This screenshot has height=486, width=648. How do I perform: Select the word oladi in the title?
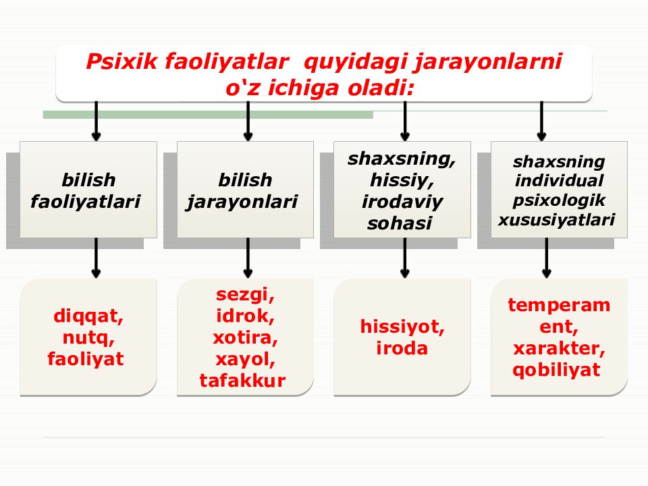pos(383,88)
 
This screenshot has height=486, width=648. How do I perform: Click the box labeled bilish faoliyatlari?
pos(88,190)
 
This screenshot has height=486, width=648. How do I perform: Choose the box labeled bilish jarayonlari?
pos(245,190)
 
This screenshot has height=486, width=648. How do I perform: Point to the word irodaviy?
pos(402,202)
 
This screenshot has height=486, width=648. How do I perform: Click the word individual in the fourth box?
pos(559,181)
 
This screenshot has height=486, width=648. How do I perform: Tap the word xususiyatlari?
pos(557,219)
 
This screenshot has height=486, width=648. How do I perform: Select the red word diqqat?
pos(88,316)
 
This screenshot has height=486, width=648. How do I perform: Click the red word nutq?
pos(88,337)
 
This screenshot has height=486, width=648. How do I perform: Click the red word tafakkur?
pos(243,381)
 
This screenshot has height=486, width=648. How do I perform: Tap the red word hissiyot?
pos(402,327)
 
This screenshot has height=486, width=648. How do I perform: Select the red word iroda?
pos(402,349)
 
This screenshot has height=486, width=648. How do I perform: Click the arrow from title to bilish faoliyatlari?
pos(96,122)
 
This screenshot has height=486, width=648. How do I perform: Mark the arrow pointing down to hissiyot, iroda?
pos(404,258)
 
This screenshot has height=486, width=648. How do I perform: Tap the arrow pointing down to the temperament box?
pos(546,258)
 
